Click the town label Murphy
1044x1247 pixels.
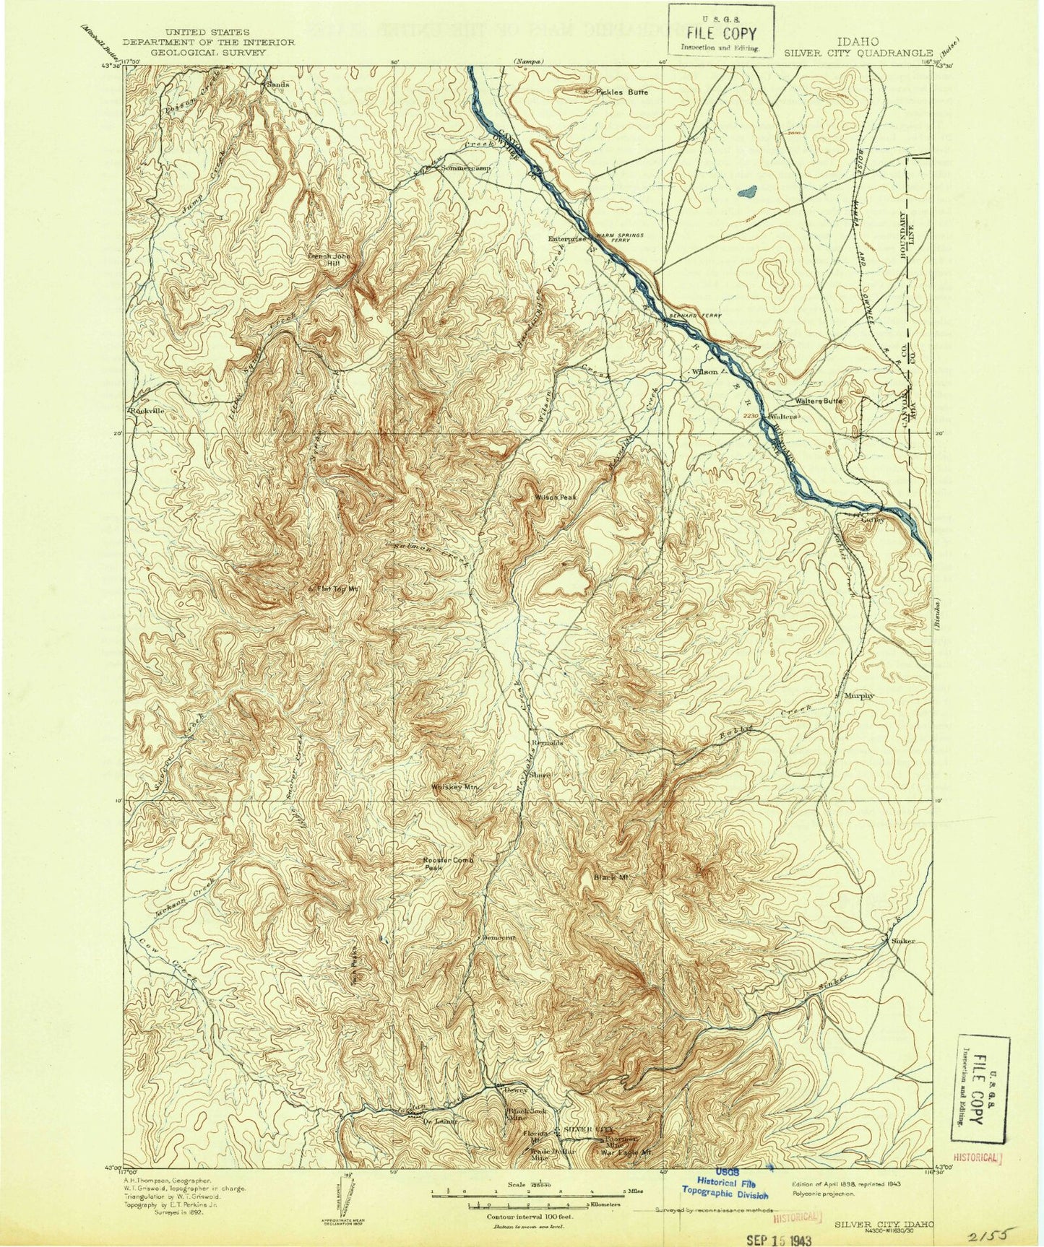859,695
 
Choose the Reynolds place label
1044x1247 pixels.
547,742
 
